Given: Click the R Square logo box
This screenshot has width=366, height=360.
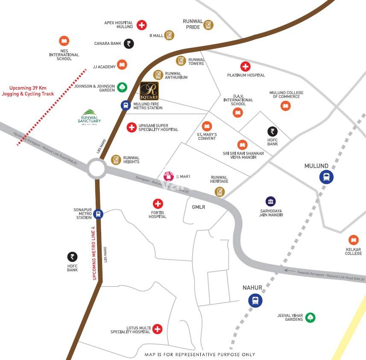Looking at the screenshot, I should click(x=149, y=91).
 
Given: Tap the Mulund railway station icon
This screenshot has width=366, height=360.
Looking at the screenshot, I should click(x=327, y=177).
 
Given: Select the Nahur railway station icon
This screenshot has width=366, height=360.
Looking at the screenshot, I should click(x=255, y=300).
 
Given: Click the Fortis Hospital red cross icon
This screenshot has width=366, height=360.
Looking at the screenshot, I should click(x=158, y=204).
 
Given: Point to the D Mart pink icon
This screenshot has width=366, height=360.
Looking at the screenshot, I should click(x=169, y=176).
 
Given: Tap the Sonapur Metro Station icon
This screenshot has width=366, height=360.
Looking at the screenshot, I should click(x=98, y=214).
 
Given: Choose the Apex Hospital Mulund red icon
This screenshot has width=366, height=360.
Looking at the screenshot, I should click(x=141, y=25).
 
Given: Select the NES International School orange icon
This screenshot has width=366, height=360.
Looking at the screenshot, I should click(x=64, y=41).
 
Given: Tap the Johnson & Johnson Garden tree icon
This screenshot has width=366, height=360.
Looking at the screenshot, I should click(x=123, y=88).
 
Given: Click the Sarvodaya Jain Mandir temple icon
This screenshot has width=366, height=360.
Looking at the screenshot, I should click(x=270, y=201).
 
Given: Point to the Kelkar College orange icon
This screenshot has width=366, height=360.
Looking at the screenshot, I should click(x=353, y=240).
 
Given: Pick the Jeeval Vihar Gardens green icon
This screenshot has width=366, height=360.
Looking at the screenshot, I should click(x=310, y=317).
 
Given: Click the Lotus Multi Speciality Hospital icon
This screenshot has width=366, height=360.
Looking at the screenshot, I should click(x=158, y=329).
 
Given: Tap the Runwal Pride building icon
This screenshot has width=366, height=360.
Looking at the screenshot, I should click(x=208, y=24).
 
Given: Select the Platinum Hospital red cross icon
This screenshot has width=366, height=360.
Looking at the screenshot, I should click(x=246, y=66).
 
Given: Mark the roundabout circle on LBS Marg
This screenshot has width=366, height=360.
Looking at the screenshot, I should click(x=97, y=169).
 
